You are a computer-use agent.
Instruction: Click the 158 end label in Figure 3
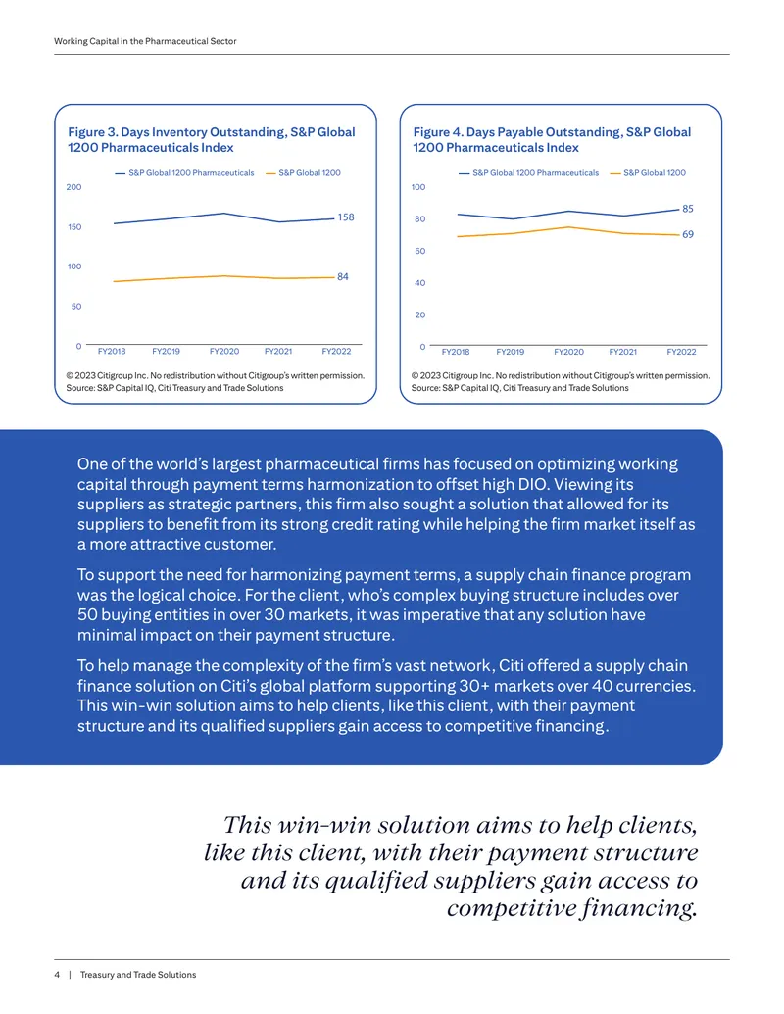[346, 217]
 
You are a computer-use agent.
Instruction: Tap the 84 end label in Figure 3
[343, 277]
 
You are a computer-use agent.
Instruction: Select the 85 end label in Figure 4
[688, 209]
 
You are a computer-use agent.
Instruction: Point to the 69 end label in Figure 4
[688, 234]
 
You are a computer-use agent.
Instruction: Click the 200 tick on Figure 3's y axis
[73, 187]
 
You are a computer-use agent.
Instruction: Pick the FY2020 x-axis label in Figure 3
[224, 351]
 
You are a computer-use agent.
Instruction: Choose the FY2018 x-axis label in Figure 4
[456, 352]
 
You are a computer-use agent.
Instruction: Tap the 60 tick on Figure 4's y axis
[419, 251]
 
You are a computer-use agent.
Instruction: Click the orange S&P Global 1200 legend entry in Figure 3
[304, 173]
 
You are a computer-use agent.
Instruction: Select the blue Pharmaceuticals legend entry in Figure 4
[529, 173]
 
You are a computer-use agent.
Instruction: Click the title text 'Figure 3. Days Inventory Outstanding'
[177, 132]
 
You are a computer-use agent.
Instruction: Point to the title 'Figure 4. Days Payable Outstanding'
[517, 132]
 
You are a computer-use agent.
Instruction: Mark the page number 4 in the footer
[57, 975]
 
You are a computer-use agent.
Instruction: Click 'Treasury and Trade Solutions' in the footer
[138, 975]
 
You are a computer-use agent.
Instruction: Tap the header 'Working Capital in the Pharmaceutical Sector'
[145, 41]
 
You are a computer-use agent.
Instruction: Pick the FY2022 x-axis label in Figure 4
[682, 352]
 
